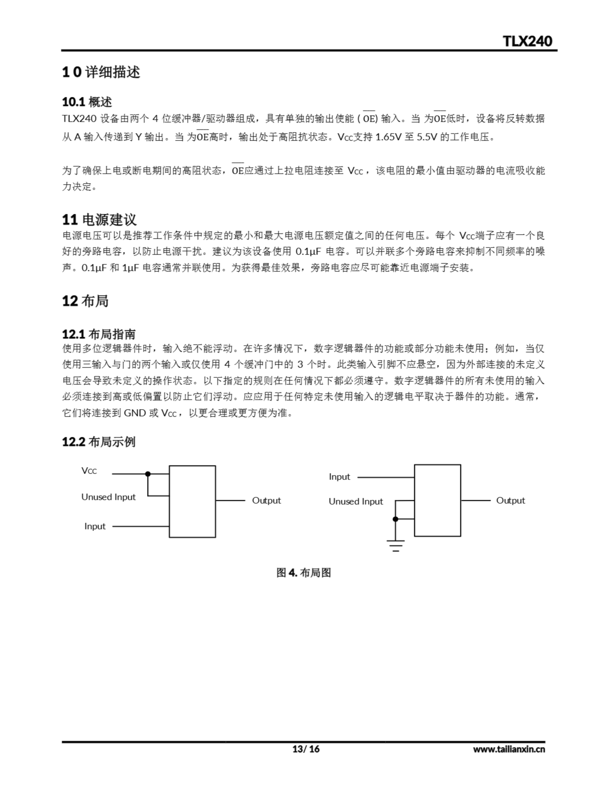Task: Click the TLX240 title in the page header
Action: pos(527,41)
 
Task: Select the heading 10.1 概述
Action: pos(87,102)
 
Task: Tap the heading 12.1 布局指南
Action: pos(99,334)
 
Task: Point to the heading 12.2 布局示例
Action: pos(99,442)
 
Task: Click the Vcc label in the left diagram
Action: pos(89,471)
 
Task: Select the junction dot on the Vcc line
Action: pos(148,474)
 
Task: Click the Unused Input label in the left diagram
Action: pos(108,497)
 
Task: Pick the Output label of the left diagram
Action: pos(266,500)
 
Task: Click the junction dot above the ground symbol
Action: pos(396,519)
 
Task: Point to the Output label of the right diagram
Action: pos(510,500)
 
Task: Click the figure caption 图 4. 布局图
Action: pos(303,572)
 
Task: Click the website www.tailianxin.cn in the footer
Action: pos(509,749)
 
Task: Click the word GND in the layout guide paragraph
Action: pos(135,413)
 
